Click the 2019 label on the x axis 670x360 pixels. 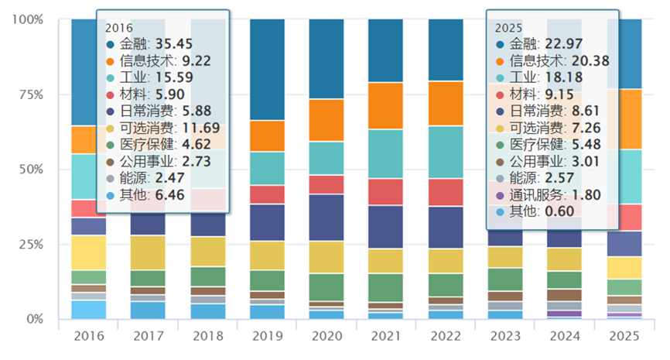(x=267, y=338)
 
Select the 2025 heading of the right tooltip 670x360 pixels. (x=507, y=26)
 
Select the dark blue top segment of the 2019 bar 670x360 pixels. (x=267, y=70)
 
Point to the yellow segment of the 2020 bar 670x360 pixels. (x=326, y=257)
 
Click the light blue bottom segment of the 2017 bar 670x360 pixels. (x=148, y=310)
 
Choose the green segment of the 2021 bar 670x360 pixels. (x=385, y=287)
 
